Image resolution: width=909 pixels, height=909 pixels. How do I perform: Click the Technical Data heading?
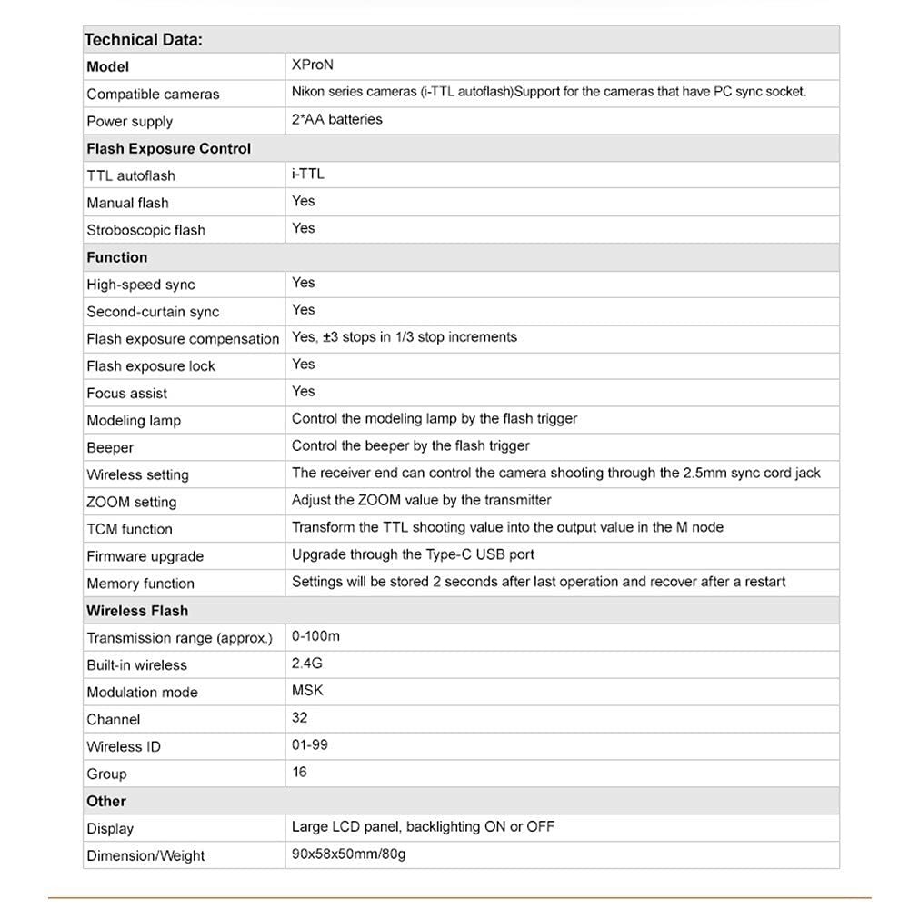point(143,40)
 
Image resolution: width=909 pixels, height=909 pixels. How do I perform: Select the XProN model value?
point(313,65)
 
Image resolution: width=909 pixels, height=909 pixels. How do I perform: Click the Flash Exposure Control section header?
point(168,148)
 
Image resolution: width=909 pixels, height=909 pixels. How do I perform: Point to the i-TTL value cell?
point(308,174)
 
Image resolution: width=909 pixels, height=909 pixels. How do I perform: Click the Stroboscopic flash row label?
point(145,230)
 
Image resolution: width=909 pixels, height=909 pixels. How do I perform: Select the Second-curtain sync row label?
point(153,312)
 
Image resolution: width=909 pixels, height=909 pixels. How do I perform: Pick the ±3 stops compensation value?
point(405,337)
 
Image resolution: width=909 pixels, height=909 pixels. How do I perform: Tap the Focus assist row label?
point(126,394)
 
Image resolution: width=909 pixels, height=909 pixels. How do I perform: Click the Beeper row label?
point(110,448)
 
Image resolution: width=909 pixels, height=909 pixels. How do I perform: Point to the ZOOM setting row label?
point(131,502)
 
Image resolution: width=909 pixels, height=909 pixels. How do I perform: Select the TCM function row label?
point(129,529)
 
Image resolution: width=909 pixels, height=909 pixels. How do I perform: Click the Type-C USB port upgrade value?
point(413,554)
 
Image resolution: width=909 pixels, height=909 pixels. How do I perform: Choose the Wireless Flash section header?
point(137,611)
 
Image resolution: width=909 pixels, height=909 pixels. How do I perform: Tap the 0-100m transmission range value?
point(315,636)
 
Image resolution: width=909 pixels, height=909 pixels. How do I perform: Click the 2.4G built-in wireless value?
point(307,664)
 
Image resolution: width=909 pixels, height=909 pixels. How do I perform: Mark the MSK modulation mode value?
point(307,691)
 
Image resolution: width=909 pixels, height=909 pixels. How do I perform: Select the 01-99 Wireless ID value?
point(310,745)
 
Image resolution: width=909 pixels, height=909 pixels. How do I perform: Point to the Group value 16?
point(300,773)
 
